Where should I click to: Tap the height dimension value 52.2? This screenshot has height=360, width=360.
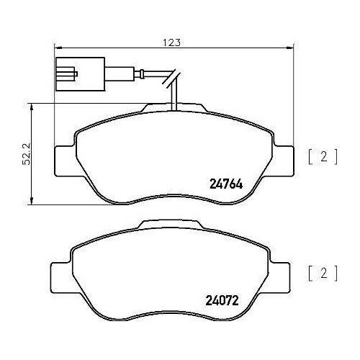(27, 153)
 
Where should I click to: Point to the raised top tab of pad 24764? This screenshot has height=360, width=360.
(173, 108)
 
